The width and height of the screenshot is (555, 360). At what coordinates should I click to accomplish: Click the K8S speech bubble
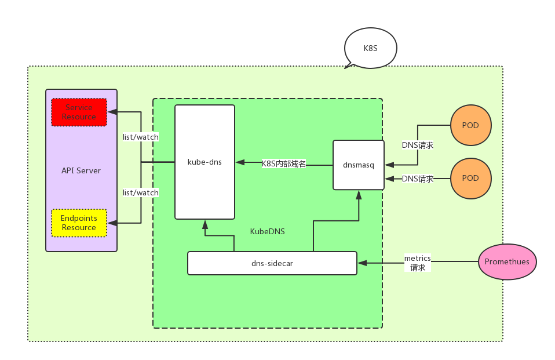tap(371, 48)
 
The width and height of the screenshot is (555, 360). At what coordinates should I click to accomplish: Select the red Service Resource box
tap(79, 112)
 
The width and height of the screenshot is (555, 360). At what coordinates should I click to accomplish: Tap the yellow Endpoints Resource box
tap(79, 223)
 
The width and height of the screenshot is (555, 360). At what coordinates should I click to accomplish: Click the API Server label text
tap(81, 170)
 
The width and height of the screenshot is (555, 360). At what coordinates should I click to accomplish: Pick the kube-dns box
tap(205, 162)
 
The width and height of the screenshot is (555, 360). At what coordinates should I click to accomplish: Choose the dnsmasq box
tap(358, 165)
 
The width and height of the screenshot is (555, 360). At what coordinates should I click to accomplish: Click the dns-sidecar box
tap(272, 263)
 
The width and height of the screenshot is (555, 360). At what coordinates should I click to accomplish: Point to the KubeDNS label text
tap(267, 231)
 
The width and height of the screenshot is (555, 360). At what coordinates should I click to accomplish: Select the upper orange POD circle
tap(470, 125)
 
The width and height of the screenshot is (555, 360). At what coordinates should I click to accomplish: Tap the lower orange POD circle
tap(470, 178)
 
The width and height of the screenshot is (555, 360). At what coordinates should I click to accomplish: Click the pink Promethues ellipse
tap(507, 261)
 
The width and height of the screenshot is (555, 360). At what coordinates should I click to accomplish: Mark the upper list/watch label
tap(140, 137)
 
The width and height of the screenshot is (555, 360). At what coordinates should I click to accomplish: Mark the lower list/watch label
tap(140, 192)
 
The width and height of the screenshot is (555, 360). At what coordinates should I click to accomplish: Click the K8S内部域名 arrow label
tap(284, 163)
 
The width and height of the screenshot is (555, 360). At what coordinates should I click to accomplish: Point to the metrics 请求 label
tap(418, 263)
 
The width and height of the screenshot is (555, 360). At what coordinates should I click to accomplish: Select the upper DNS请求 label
tap(418, 145)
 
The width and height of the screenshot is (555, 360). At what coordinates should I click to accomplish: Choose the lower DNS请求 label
tap(418, 179)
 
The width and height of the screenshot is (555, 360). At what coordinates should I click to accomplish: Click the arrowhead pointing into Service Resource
tap(112, 111)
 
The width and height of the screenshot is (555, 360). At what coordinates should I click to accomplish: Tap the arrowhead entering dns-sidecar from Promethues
tap(362, 263)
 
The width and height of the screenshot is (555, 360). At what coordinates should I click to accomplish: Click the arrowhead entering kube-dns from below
tap(205, 224)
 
